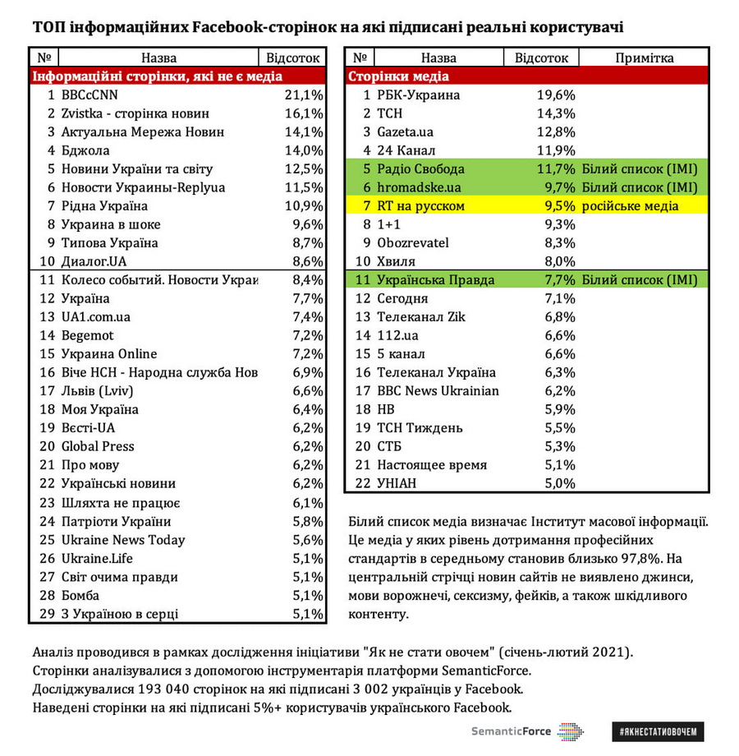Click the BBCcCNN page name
tap(90, 95)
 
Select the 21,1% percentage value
tap(304, 95)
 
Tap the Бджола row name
tap(85, 150)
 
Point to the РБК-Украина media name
tap(418, 95)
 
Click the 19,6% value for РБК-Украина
tap(555, 95)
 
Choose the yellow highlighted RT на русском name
tap(420, 206)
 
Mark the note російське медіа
tap(631, 206)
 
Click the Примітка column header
tap(644, 58)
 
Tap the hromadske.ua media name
tap(419, 187)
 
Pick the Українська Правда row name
tap(435, 280)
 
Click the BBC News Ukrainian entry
tap(438, 391)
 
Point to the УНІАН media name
tap(397, 483)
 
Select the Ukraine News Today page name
tap(123, 540)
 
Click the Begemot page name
tap(88, 336)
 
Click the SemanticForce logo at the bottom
tap(526, 731)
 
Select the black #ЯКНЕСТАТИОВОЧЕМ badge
tap(658, 731)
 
